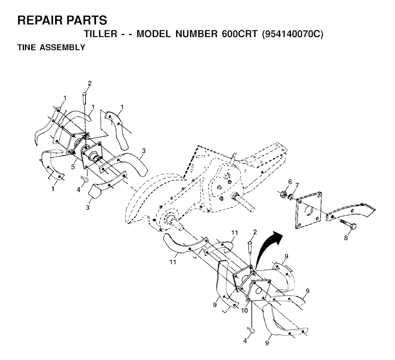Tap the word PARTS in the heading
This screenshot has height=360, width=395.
click(86, 20)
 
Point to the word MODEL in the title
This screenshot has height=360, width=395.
click(154, 34)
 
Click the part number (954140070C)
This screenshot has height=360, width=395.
click(292, 34)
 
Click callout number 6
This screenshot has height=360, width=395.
click(290, 182)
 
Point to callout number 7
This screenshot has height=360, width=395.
click(297, 185)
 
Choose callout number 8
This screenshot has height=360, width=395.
click(346, 238)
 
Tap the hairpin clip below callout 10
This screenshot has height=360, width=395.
click(252, 330)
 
